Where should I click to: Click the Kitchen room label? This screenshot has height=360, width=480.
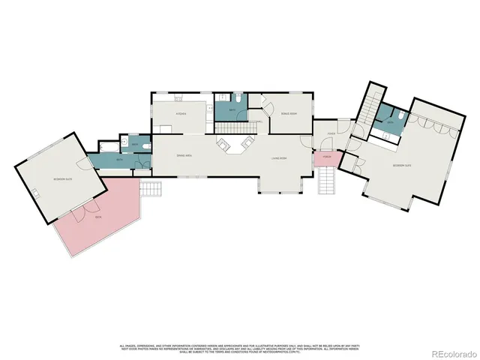coord(181,113)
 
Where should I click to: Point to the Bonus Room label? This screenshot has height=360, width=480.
coord(288,113)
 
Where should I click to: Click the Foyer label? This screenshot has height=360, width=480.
coord(331,134)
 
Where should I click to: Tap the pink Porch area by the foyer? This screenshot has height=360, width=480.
coord(326,159)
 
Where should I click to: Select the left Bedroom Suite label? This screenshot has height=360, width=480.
coord(62,180)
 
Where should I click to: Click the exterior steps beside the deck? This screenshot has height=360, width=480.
coord(152,189)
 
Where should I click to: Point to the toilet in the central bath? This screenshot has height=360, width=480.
coord(237,98)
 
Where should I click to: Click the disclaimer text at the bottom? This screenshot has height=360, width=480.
coord(239,348)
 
